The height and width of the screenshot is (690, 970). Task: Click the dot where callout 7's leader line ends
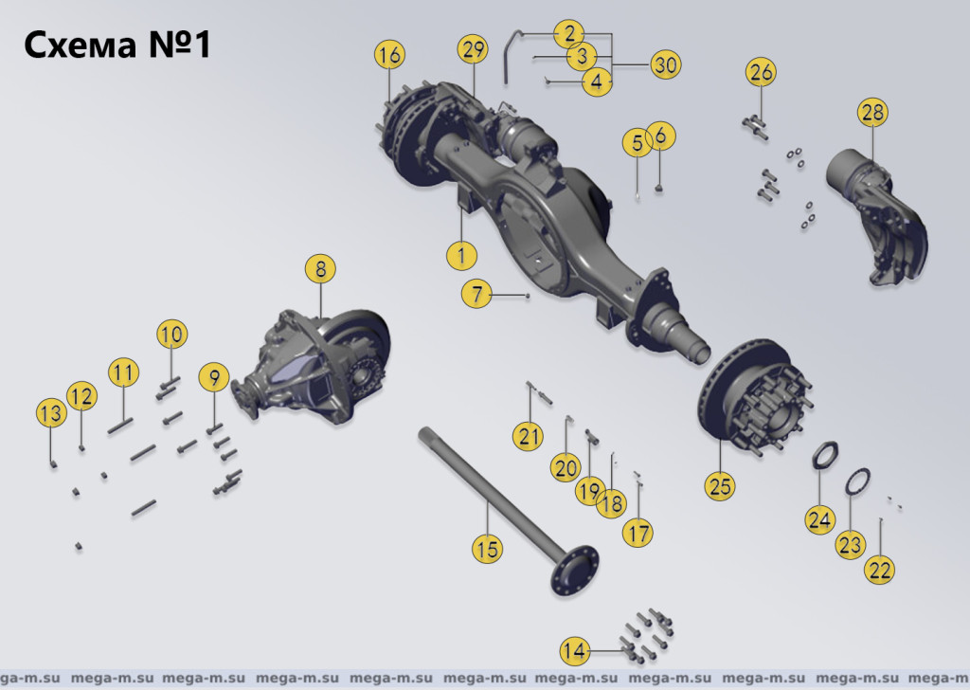[x=528, y=296]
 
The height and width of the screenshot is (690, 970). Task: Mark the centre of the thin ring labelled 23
[x=856, y=481]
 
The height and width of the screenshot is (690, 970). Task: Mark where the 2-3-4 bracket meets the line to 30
[x=613, y=64]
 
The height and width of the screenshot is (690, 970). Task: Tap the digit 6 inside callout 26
[x=767, y=72]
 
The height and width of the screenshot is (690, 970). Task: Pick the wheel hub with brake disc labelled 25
[x=755, y=396]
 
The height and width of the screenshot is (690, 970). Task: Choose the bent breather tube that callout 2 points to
[x=512, y=56]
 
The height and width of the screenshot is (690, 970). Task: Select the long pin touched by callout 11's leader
[x=120, y=427]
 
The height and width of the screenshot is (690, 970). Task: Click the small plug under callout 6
[x=659, y=188]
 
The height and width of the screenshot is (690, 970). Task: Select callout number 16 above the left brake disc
[x=389, y=54]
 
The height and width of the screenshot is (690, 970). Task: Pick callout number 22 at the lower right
[x=879, y=570]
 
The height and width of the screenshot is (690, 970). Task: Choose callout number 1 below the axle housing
[x=461, y=254]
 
